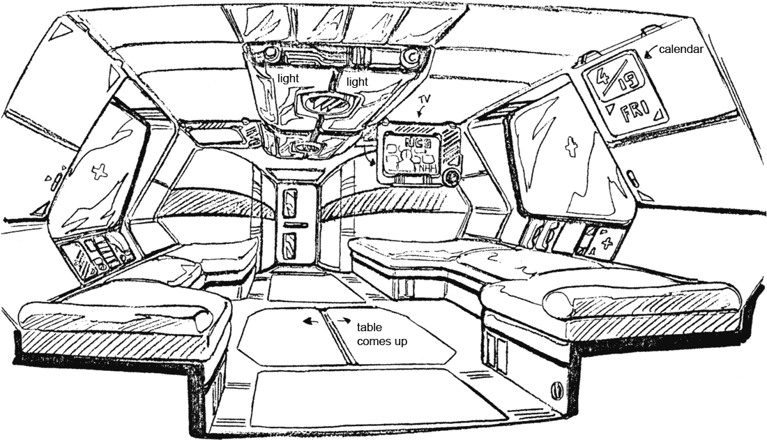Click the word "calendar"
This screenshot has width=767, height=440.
point(679,50)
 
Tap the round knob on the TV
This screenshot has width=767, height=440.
point(453,178)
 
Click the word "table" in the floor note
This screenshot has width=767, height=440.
point(369,328)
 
